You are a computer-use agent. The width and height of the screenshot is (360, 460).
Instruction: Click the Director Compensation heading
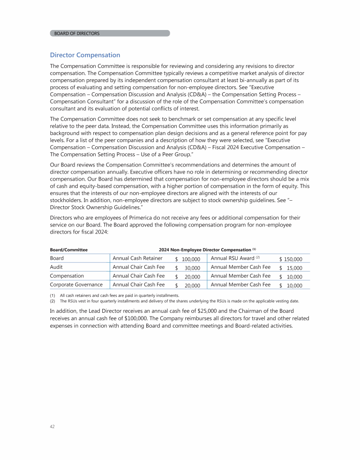pos(85,55)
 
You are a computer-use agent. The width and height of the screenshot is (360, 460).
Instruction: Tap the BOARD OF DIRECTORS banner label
pos(77,33)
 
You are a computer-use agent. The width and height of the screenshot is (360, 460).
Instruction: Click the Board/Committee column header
pos(69,249)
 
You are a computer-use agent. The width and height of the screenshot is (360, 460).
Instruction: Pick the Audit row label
pos(57,267)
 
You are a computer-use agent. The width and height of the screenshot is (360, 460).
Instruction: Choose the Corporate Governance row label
pos(76,285)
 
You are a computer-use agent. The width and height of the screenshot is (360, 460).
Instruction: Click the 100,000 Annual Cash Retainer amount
pos(191,259)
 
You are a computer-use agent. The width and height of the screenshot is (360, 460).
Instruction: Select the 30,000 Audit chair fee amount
pos(193,268)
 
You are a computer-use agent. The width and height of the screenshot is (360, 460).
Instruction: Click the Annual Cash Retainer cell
pos(137,258)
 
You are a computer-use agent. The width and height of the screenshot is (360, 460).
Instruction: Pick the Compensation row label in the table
pos(67,276)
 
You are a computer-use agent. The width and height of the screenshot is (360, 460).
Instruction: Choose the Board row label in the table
pos(57,258)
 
